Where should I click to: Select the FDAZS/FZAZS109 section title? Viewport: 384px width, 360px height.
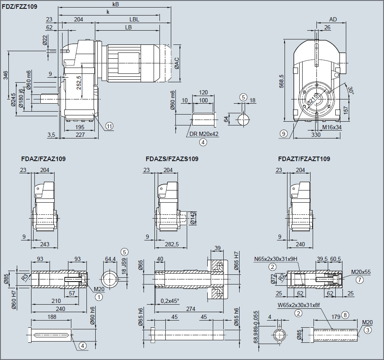click(x=172, y=159)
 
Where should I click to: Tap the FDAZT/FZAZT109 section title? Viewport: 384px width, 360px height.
click(x=304, y=159)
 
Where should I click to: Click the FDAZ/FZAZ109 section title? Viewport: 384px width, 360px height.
click(x=43, y=159)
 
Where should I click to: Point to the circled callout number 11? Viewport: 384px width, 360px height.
click(x=110, y=125)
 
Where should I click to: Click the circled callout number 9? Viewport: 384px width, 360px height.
click(x=284, y=133)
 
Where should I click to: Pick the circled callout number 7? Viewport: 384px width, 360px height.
click(x=359, y=279)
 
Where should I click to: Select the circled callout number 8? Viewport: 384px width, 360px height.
click(x=345, y=314)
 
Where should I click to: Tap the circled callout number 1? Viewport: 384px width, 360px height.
click(x=99, y=297)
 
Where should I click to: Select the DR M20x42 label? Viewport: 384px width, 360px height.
click(x=204, y=134)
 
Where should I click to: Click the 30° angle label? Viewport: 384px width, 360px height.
click(x=351, y=90)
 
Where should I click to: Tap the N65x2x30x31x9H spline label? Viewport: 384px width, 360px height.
click(x=275, y=259)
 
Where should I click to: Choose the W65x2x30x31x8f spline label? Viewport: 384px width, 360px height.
click(x=299, y=306)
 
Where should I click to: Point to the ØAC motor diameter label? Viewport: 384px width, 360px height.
click(x=177, y=63)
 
